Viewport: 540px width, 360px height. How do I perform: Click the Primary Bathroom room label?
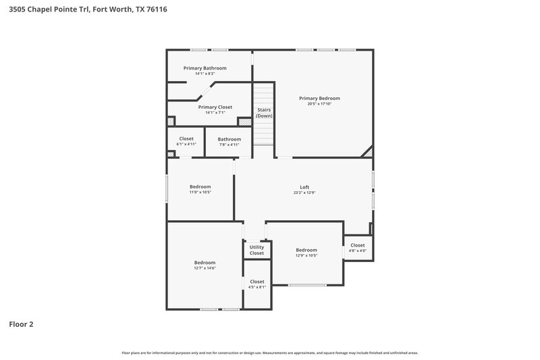pos(205,68)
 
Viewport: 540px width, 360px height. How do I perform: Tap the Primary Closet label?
pos(215,107)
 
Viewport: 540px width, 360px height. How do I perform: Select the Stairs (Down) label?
pos(264,112)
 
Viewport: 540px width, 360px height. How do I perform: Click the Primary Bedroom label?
pos(319,98)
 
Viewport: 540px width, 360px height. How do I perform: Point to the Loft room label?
pos(304,187)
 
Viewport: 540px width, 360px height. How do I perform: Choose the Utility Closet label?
pos(256,250)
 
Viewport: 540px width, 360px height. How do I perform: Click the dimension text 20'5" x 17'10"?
pos(319,104)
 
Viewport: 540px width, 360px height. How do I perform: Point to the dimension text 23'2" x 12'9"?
pos(304,193)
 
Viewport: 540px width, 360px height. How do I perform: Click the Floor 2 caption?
pos(21,324)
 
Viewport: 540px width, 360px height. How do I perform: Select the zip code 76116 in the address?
pos(157,9)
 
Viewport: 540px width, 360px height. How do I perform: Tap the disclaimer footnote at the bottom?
pos(270,353)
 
